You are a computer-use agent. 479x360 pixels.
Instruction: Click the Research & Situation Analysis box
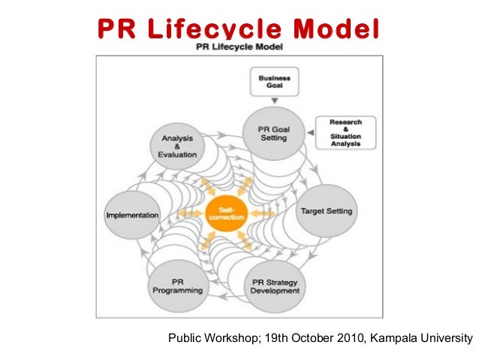pyautogui.click(x=345, y=132)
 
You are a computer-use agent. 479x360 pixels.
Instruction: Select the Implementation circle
pyautogui.click(x=132, y=214)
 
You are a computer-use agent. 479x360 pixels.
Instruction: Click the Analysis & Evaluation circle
pyautogui.click(x=177, y=144)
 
